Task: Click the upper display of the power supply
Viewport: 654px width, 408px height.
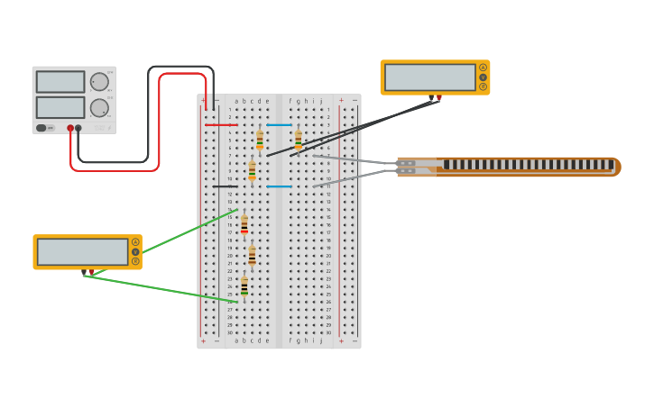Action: point(60,82)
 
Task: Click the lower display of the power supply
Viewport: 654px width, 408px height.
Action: point(60,107)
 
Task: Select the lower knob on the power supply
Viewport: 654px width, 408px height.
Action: point(99,108)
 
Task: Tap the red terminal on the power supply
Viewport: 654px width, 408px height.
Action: point(70,128)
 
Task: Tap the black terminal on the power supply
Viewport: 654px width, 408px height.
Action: point(78,128)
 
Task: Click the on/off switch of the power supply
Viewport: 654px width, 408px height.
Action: point(41,128)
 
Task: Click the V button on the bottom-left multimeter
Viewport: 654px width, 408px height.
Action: point(135,252)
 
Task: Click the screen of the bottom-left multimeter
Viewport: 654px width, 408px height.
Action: point(83,251)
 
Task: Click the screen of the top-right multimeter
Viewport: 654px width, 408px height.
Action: point(430,77)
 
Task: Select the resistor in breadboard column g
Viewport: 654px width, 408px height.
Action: point(299,140)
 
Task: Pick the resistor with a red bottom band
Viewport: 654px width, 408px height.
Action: point(244,224)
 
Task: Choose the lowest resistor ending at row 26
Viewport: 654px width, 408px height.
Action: point(244,286)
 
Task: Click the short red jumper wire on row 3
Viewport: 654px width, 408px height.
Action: point(221,124)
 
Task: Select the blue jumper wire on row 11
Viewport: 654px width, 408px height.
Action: point(279,186)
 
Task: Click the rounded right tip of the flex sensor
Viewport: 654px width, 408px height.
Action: point(617,167)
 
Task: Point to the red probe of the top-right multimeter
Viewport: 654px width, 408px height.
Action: point(439,97)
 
